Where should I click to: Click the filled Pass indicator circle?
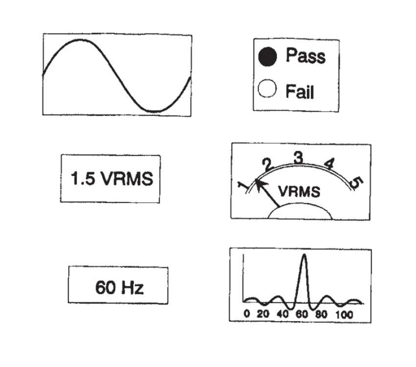click(267, 56)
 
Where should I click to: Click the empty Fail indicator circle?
click(267, 88)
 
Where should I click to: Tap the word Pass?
click(305, 55)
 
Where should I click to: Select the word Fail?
click(300, 92)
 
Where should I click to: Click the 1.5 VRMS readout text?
click(112, 178)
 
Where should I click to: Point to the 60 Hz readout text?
click(119, 287)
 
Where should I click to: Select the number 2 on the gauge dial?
click(267, 165)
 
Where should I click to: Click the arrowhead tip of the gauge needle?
click(256, 180)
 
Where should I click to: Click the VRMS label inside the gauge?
click(299, 191)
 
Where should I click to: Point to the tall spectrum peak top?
click(304, 254)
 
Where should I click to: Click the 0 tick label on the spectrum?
click(247, 314)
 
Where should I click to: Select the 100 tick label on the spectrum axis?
click(344, 315)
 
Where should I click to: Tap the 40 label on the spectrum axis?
click(282, 314)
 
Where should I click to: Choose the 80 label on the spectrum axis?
click(321, 314)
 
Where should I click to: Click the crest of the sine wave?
click(80, 40)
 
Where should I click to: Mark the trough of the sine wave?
click(154, 112)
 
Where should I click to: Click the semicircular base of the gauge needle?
click(300, 211)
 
